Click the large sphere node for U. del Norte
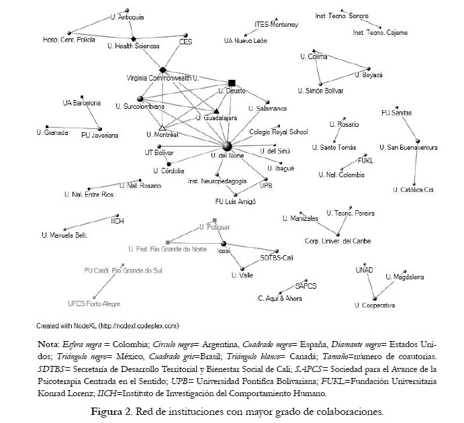point(227,146)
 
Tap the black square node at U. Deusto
point(232,81)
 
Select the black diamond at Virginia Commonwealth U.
point(163,69)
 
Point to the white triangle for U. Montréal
point(161,127)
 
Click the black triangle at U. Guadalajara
point(216,109)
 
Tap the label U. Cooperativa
point(375,305)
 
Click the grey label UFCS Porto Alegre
point(93,303)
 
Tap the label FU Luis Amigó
point(235,201)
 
